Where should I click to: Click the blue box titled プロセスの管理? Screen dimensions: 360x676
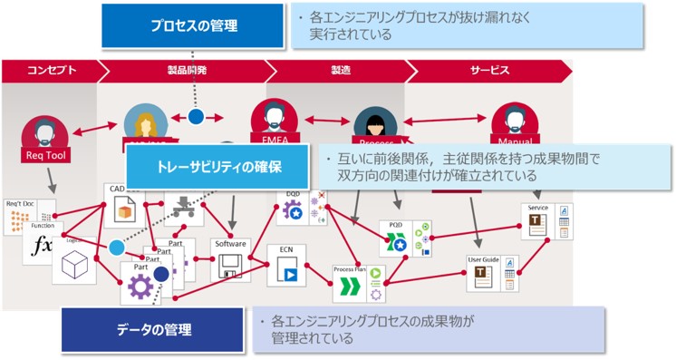193,25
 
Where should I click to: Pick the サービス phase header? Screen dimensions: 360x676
489,71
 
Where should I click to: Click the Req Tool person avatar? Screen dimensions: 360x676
43,132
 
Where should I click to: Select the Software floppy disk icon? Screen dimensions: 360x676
230,266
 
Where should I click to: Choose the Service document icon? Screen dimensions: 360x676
536,223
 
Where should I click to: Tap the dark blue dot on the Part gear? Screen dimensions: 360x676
160,273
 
